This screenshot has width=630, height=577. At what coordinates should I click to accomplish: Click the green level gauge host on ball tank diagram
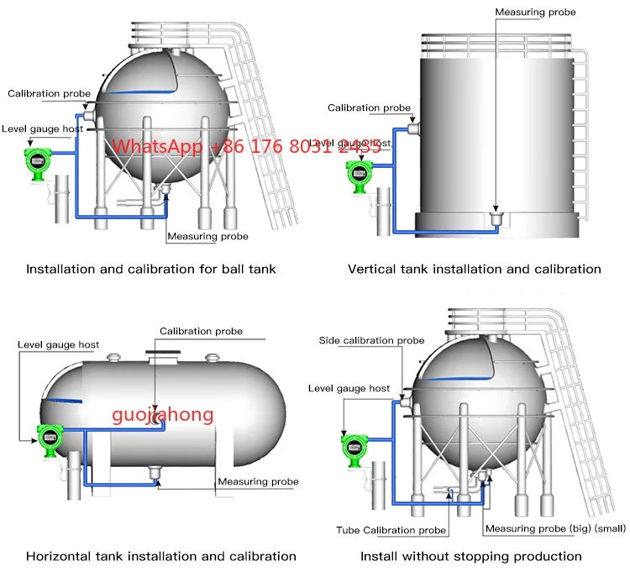pyautogui.click(x=37, y=163)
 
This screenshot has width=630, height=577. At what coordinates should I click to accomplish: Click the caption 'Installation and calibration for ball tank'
pyautogui.click(x=151, y=270)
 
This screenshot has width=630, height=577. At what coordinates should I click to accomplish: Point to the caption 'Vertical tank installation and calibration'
pyautogui.click(x=475, y=270)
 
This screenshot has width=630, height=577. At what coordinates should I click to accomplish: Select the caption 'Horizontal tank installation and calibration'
pyautogui.click(x=161, y=556)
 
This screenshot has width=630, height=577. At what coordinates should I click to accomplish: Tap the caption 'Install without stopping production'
pyautogui.click(x=471, y=556)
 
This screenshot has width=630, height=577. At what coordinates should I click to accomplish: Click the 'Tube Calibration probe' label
pyautogui.click(x=391, y=530)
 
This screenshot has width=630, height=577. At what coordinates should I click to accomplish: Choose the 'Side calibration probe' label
pyautogui.click(x=371, y=340)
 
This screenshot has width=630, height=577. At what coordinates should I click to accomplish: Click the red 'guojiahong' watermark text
pyautogui.click(x=164, y=414)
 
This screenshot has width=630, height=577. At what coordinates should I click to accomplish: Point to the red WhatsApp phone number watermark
pyautogui.click(x=248, y=146)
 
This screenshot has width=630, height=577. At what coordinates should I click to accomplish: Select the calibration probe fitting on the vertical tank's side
pyautogui.click(x=413, y=128)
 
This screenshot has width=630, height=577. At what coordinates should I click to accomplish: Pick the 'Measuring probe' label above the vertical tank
pyautogui.click(x=536, y=13)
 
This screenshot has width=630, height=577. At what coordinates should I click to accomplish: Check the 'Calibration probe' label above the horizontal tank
pyautogui.click(x=201, y=332)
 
